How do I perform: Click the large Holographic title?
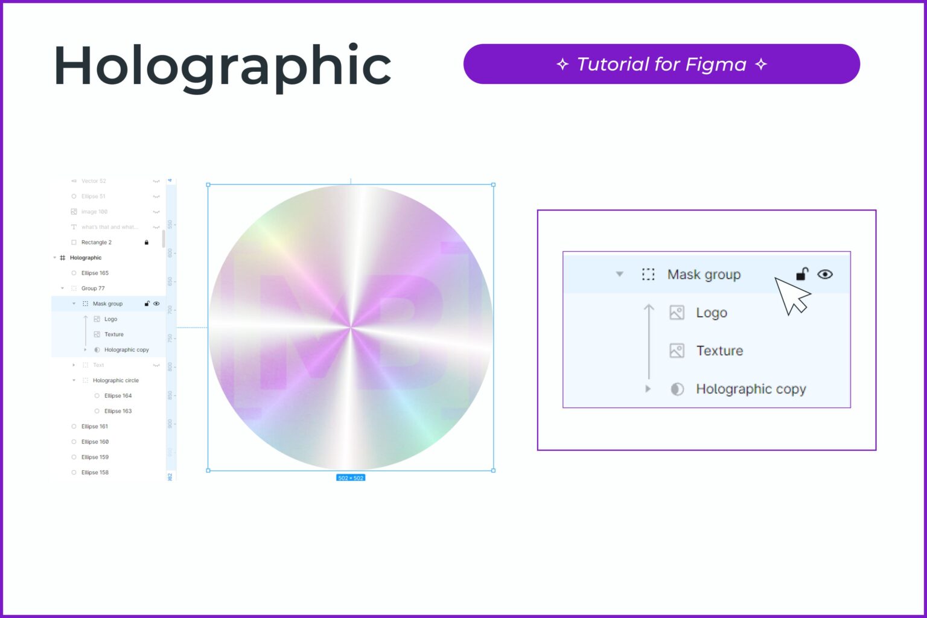222,66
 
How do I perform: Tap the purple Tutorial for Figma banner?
661,64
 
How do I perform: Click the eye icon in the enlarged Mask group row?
824,274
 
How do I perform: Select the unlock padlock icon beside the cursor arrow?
801,274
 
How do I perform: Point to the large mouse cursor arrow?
791,295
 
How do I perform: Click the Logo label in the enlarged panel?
711,313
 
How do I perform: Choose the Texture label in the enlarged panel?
719,351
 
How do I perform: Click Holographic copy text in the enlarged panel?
750,389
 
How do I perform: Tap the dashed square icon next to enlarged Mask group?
648,275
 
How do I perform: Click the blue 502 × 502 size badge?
350,478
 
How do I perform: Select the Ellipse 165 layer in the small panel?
95,273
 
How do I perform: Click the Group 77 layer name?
93,288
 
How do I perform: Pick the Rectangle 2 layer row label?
96,242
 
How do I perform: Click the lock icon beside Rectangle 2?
146,242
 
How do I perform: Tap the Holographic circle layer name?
115,380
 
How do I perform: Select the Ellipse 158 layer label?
95,473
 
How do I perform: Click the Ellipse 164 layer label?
118,396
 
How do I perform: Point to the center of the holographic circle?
350,327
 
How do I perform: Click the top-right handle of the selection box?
493,185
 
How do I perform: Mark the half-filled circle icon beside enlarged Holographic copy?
677,389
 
